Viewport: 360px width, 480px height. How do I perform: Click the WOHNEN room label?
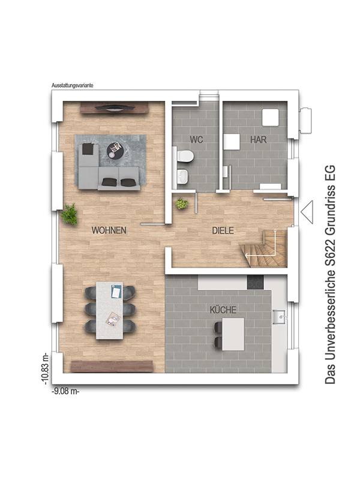tap(109, 230)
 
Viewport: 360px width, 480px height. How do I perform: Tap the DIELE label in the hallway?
tap(223, 230)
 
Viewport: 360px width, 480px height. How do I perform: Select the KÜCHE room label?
tap(223, 310)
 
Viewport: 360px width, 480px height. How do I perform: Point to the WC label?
tap(196, 140)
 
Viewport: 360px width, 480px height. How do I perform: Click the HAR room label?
tap(259, 140)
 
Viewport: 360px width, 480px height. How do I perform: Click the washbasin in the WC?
tap(183, 176)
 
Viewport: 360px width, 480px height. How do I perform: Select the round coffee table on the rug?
tap(115, 151)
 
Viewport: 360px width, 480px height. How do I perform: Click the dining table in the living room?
tap(110, 310)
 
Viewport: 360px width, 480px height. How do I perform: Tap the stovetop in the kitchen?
tap(256, 282)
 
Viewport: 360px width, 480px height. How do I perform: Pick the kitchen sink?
tap(280, 316)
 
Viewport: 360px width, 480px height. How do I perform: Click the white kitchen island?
tap(233, 334)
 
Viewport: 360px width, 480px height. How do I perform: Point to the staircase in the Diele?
tap(263, 249)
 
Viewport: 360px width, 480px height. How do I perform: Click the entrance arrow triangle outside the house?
tap(307, 212)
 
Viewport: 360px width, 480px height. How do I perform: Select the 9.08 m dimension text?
tap(66, 392)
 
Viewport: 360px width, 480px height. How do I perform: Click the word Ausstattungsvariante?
tap(72, 85)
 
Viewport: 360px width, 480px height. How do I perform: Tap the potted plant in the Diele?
tap(182, 203)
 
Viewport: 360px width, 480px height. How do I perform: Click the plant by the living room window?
tap(69, 214)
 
